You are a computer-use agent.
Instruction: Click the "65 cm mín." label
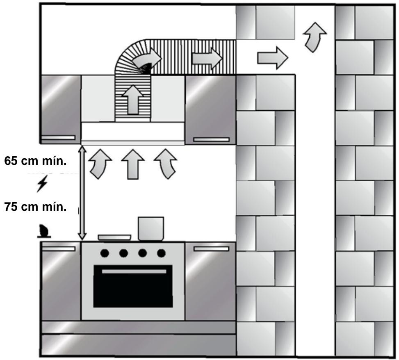35,161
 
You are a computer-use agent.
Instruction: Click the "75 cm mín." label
35,206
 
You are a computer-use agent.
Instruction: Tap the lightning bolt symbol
41,185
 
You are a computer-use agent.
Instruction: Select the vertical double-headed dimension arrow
82,193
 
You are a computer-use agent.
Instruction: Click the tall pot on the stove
151,228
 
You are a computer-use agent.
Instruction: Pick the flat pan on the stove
114,237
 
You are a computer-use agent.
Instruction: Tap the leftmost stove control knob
105,253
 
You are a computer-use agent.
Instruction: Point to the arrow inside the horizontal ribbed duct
207,57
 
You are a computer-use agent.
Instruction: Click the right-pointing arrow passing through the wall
271,57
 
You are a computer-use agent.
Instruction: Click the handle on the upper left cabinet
58,137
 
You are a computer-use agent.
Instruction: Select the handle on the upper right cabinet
211,140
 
